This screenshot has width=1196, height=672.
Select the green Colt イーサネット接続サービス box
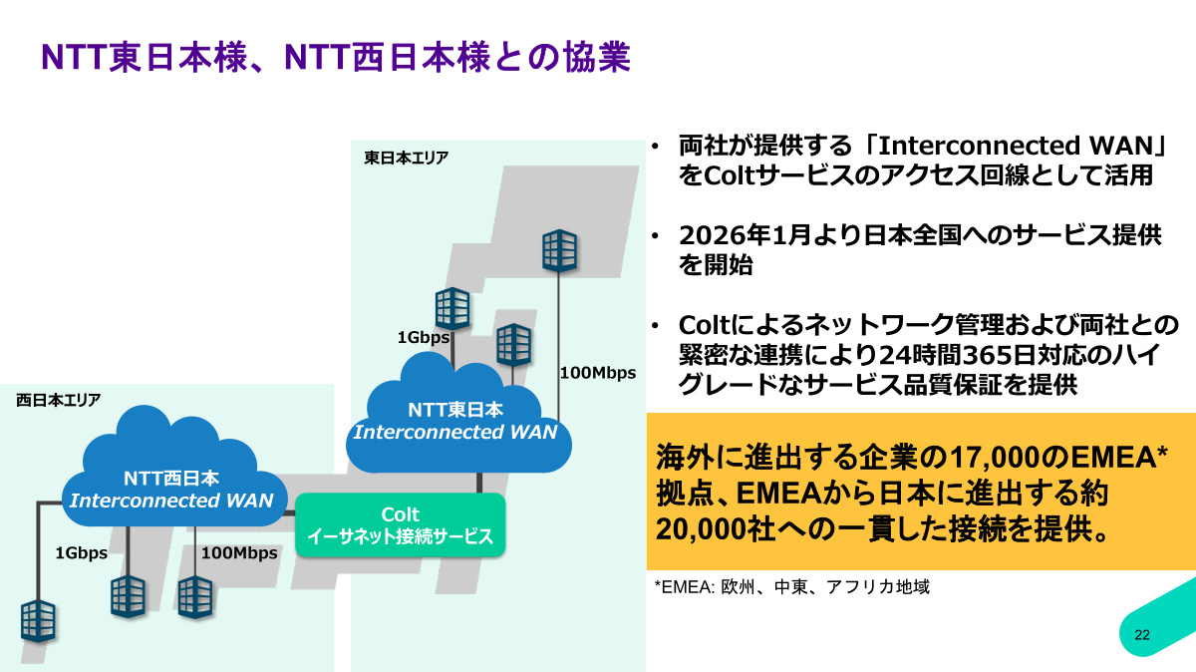[x=401, y=525]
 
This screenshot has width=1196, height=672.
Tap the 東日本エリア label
[x=407, y=159]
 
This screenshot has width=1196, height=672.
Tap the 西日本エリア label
[x=58, y=400]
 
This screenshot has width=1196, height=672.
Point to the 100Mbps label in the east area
[x=598, y=373]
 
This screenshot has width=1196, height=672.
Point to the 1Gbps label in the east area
[x=424, y=338]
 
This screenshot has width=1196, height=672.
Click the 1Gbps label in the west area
[x=81, y=553]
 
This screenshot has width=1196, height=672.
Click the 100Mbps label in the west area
[x=239, y=553]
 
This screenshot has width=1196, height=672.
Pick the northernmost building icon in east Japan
[x=559, y=250]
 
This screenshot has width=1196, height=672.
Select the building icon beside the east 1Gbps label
[x=452, y=308]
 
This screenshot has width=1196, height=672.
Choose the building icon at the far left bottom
[x=39, y=621]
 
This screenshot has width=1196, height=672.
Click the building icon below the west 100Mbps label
[x=195, y=597]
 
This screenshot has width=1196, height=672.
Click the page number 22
[x=1142, y=634]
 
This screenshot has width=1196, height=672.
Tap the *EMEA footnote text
[x=791, y=587]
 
